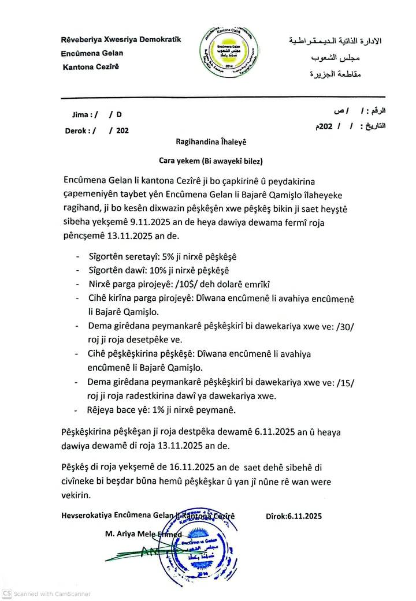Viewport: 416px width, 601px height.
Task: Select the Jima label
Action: [81, 114]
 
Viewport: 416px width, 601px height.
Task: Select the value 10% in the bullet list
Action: [154, 270]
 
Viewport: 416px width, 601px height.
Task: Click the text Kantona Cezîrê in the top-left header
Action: [90, 67]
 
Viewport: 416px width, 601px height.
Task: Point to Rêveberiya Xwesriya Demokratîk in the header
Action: [121, 40]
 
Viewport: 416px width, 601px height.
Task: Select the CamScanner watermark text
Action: [52, 593]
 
